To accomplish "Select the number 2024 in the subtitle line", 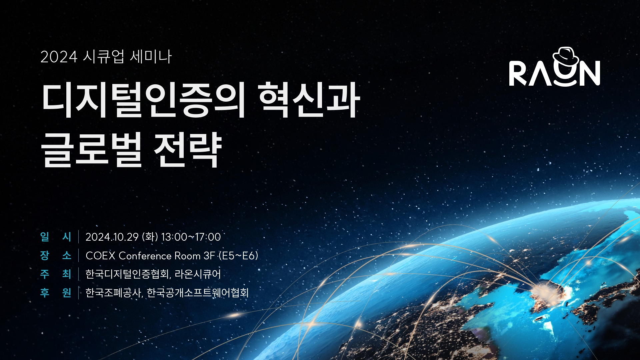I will point(59,57).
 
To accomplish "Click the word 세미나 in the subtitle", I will point(151,57).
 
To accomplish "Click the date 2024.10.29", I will point(112,237).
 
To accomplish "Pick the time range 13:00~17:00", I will point(191,237).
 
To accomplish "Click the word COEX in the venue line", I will point(100,256).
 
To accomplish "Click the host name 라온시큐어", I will point(198,274).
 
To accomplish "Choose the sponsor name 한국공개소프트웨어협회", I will point(198,293).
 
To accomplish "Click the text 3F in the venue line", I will point(209,256).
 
